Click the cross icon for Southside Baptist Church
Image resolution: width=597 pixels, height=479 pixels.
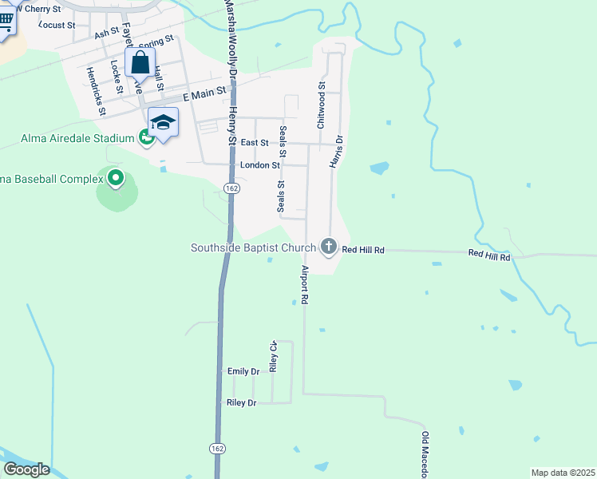click(x=328, y=247)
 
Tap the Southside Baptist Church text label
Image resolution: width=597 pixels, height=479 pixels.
click(x=253, y=247)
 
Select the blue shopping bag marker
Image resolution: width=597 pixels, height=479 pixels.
click(x=140, y=63)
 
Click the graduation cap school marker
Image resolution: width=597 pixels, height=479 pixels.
click(x=163, y=123)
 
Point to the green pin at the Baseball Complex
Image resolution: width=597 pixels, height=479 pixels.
click(x=116, y=177)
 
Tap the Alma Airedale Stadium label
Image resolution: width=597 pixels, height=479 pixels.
click(x=77, y=139)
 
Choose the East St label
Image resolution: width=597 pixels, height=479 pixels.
click(x=254, y=142)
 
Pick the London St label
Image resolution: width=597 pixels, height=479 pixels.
click(x=259, y=165)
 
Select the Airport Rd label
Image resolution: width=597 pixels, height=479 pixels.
click(x=304, y=284)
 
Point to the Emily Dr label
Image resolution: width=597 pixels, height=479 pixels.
click(x=243, y=371)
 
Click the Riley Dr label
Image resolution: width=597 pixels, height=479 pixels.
click(x=241, y=403)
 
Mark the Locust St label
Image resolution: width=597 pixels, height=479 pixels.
click(x=57, y=25)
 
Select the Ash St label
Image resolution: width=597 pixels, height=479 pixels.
click(x=105, y=34)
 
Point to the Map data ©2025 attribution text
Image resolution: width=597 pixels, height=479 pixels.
click(x=563, y=473)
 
